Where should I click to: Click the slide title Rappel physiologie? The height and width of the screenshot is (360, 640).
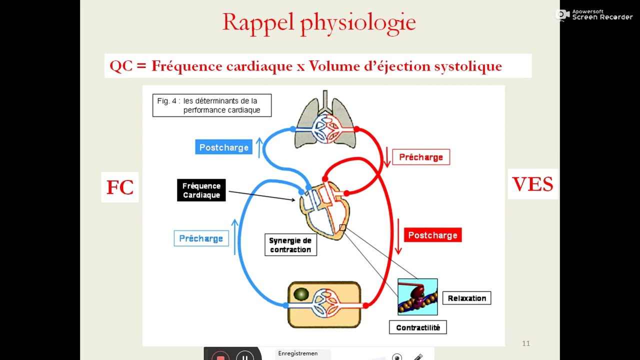click(x=319, y=22)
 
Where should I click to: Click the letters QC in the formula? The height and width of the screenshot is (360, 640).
click(x=121, y=66)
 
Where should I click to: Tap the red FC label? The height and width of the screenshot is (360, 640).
click(x=120, y=187)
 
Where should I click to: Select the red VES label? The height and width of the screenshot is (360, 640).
click(x=532, y=184)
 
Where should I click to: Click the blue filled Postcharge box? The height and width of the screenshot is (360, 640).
click(x=223, y=147)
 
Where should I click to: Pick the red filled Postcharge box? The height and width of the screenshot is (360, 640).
click(x=432, y=235)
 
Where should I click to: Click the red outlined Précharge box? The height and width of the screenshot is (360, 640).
click(x=421, y=157)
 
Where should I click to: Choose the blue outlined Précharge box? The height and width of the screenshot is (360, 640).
click(x=201, y=238)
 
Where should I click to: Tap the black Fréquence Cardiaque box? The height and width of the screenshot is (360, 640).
click(x=201, y=190)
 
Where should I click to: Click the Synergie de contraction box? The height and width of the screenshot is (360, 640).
click(x=290, y=245)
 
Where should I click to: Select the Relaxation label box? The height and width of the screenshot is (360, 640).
click(x=466, y=298)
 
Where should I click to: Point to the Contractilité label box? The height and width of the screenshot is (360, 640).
click(x=418, y=327)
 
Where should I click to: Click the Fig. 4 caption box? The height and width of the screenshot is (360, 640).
click(x=212, y=105)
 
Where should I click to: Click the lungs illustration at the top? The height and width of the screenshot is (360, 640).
click(x=325, y=124)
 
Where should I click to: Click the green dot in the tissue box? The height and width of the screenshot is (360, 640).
click(x=301, y=294)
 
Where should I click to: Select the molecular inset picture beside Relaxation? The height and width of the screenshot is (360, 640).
click(x=417, y=297)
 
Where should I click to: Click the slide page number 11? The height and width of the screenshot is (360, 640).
click(x=525, y=343)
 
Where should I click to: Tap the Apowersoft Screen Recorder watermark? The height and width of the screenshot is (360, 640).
click(x=595, y=14)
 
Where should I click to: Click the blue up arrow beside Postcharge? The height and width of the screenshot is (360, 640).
click(x=259, y=147)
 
